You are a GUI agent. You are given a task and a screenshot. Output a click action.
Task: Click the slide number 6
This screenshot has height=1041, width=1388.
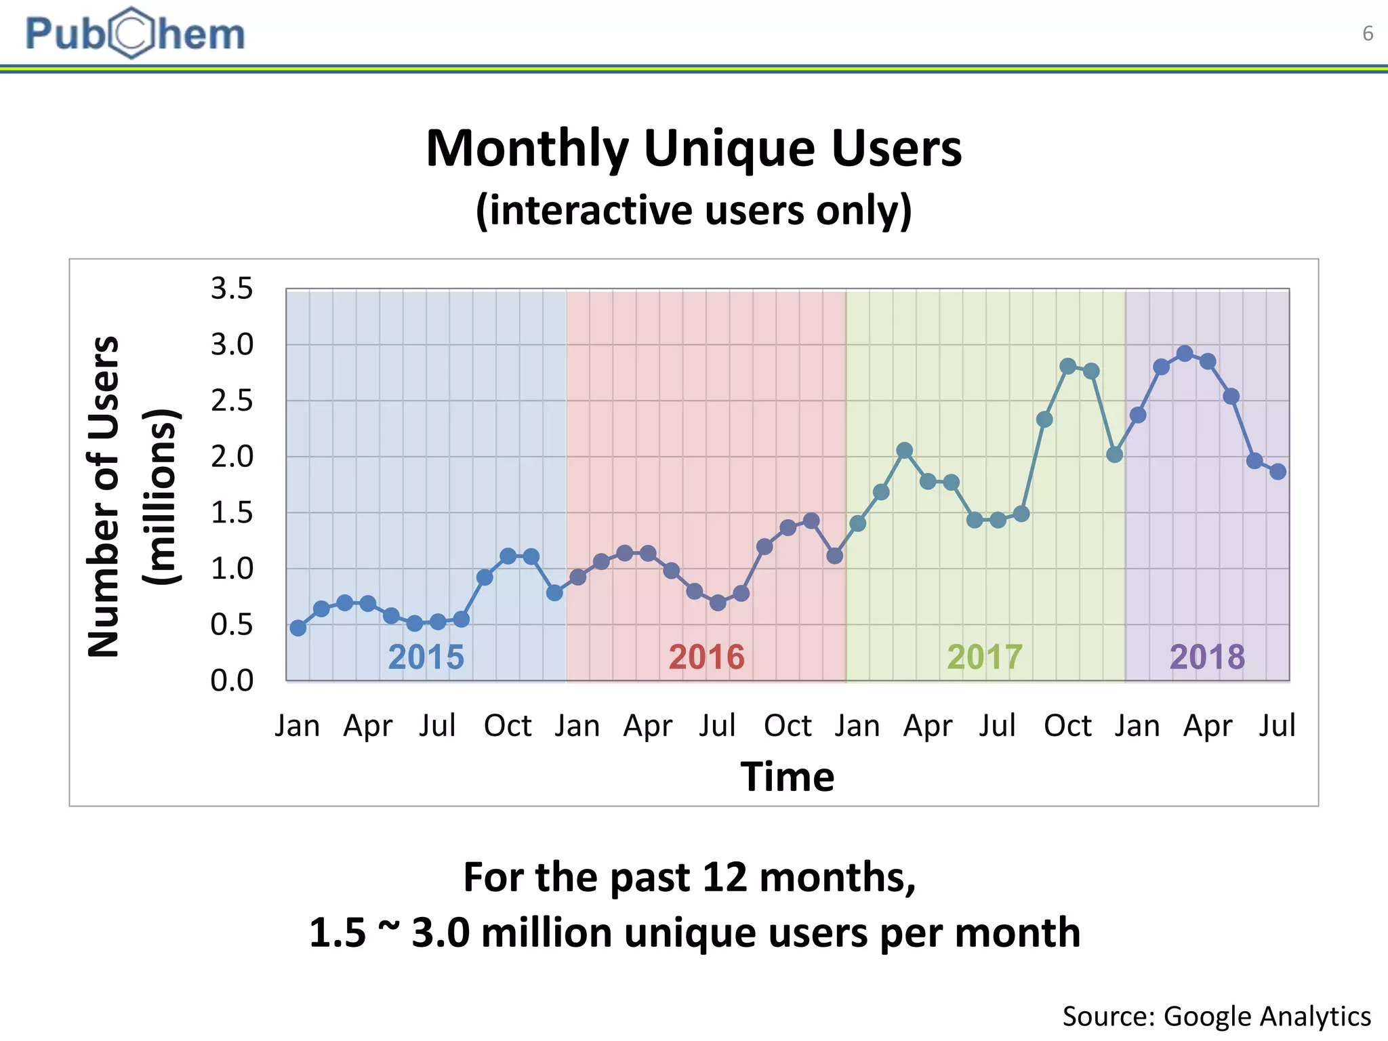coord(1368,33)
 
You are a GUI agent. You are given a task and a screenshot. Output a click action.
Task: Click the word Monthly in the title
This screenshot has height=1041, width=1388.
coord(527,148)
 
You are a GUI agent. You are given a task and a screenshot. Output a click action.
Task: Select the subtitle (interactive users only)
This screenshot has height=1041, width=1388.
coord(693,210)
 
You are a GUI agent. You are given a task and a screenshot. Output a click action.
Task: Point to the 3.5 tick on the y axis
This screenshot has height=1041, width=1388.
coord(232,289)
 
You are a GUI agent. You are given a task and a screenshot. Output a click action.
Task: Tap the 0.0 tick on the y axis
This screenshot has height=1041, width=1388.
coord(232,680)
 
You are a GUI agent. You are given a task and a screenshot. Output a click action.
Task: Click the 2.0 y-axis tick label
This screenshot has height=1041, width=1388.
coord(232,457)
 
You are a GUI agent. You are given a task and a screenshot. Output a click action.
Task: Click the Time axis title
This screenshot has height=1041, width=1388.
coord(787,777)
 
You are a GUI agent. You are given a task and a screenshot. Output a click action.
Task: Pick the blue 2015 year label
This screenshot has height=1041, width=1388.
coord(426,657)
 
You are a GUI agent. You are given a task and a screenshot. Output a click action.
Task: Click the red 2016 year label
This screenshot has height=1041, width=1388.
coord(706,657)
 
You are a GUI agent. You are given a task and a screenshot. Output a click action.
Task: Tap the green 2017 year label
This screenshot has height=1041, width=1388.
coord(984,657)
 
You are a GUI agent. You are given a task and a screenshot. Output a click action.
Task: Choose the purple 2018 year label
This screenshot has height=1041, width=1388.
coord(1207,657)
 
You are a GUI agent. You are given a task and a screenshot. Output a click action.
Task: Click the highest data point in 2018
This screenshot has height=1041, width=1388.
coord(1185,354)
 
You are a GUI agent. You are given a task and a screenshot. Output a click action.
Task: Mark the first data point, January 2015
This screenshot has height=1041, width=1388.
coord(298,628)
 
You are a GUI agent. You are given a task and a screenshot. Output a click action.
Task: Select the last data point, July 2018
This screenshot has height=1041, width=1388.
coord(1278,472)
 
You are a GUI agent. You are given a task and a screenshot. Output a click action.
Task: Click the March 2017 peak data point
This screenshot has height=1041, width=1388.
coord(904,451)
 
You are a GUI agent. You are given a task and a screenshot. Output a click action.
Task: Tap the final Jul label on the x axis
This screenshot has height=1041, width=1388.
coord(1277,726)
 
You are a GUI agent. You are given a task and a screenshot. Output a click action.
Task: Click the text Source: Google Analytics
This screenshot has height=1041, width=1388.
coord(1217,1017)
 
